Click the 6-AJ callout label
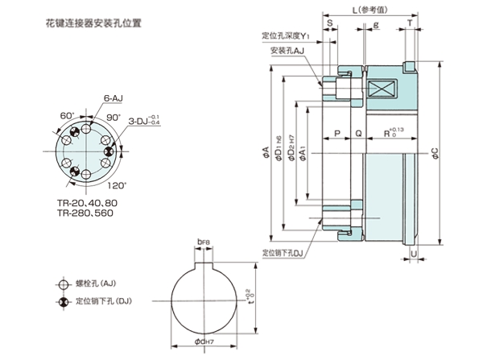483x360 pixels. click(112, 97)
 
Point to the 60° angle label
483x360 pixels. click(66, 116)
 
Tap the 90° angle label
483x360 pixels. click(114, 117)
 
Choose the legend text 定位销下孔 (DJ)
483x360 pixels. click(102, 302)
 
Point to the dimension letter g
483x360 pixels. click(376, 25)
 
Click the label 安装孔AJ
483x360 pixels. click(287, 50)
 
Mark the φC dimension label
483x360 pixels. click(435, 151)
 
